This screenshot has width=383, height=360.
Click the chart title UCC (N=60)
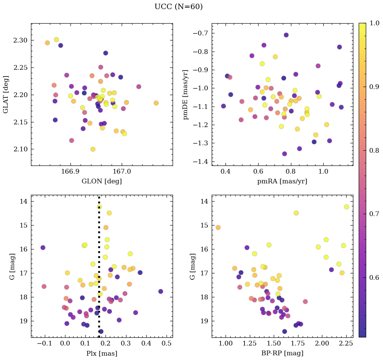click(x=178, y=7)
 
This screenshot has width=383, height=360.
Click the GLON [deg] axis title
click(x=101, y=181)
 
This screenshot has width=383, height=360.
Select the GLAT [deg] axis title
click(x=6, y=94)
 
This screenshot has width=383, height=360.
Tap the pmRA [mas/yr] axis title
click(x=282, y=181)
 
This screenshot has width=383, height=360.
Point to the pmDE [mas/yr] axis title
click(x=185, y=94)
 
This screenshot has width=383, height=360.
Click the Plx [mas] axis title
click(x=101, y=353)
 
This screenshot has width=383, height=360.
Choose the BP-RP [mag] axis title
click(x=282, y=353)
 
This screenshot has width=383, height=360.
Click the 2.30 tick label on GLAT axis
click(x=21, y=40)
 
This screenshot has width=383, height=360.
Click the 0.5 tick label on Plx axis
click(x=167, y=344)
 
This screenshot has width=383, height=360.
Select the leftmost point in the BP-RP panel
click(x=218, y=228)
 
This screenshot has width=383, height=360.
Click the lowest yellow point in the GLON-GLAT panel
click(x=93, y=149)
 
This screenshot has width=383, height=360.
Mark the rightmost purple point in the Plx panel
click(x=160, y=291)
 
